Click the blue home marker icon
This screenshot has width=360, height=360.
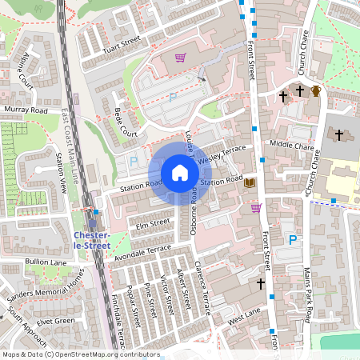[x=180, y=173]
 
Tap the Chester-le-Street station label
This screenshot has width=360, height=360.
[x=91, y=240]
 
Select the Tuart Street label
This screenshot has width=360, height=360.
[x=120, y=43]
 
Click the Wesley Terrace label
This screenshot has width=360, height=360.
[x=223, y=153]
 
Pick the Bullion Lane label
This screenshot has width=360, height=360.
[x=46, y=262]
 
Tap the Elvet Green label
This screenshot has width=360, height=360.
[x=54, y=322]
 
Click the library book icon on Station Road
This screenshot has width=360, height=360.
[x=250, y=183]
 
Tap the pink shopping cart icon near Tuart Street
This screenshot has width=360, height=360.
[x=180, y=58]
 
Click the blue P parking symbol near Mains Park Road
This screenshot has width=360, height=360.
[x=293, y=239]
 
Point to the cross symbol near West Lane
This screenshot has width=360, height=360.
[x=260, y=283]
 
